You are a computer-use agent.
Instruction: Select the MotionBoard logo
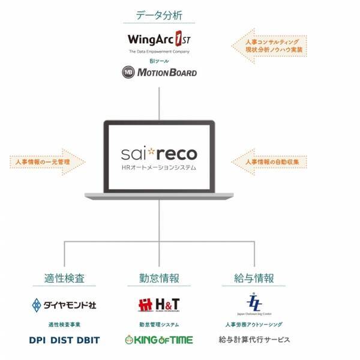159,73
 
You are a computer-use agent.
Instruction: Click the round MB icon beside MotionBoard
128,73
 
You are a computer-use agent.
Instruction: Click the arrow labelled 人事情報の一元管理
48,162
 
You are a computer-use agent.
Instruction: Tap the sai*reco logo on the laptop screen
159,150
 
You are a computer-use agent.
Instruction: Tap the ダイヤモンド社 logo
65,304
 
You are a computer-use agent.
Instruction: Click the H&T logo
158,305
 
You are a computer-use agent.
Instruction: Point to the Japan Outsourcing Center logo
254,302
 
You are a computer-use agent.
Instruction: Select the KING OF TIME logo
158,340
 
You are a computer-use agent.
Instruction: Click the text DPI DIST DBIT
64,340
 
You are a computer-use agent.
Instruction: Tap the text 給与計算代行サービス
254,340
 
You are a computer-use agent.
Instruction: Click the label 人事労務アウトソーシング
254,325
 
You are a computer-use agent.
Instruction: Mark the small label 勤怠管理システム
159,325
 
